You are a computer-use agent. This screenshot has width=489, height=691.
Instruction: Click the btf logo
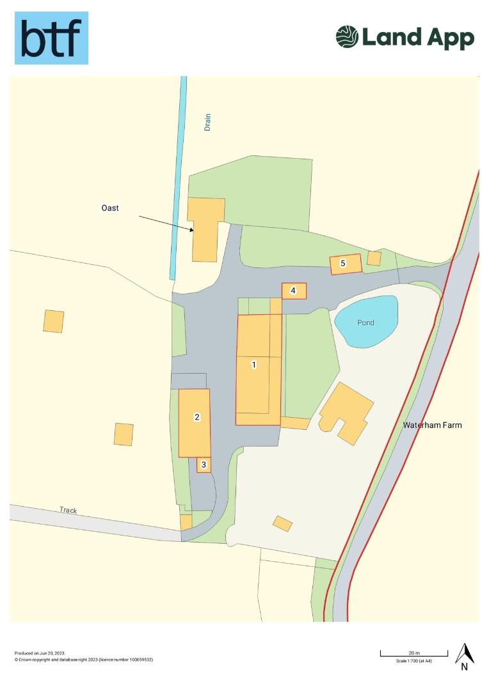click(51, 38)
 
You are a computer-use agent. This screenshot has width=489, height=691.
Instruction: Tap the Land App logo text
click(418, 38)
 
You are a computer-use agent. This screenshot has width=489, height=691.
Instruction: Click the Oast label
click(110, 208)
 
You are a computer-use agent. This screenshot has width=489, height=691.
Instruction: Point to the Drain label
click(207, 122)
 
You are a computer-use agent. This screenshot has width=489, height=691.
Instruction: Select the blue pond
click(366, 322)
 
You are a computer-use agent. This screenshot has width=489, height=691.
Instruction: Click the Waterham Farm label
click(432, 425)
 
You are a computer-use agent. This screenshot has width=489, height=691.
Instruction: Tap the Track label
click(68, 510)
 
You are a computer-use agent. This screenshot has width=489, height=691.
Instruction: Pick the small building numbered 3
click(204, 465)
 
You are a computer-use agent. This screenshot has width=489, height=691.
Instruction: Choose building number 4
click(294, 290)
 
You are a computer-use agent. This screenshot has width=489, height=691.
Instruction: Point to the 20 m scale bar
click(413, 653)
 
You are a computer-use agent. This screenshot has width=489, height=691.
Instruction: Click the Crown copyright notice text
click(83, 659)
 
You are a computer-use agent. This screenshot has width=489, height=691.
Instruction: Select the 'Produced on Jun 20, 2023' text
click(40, 653)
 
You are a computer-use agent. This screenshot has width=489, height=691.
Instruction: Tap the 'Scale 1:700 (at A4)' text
click(413, 661)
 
